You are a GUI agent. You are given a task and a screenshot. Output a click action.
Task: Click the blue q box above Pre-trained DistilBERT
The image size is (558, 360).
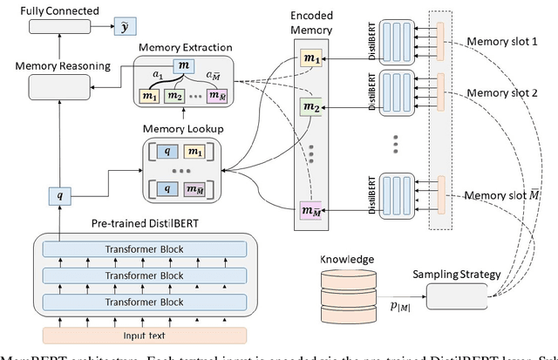(59, 196)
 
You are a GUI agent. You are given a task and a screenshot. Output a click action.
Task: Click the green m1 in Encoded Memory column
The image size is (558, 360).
(310, 57)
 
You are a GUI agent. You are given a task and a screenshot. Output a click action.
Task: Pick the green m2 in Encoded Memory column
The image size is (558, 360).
(310, 107)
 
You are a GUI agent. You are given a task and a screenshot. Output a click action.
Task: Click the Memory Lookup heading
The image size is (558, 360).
(182, 129)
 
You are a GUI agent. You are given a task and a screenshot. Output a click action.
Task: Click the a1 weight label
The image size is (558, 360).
(158, 77)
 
